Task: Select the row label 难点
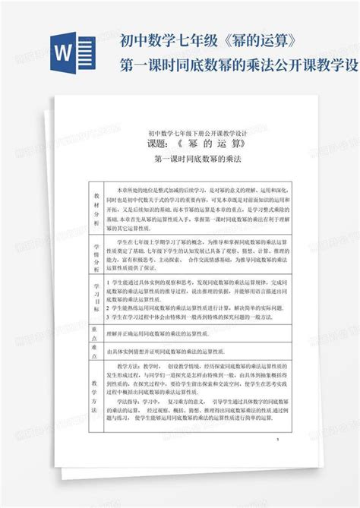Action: coord(96,352)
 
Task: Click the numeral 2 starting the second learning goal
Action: coord(109,308)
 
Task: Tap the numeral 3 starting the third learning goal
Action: coord(109,317)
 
